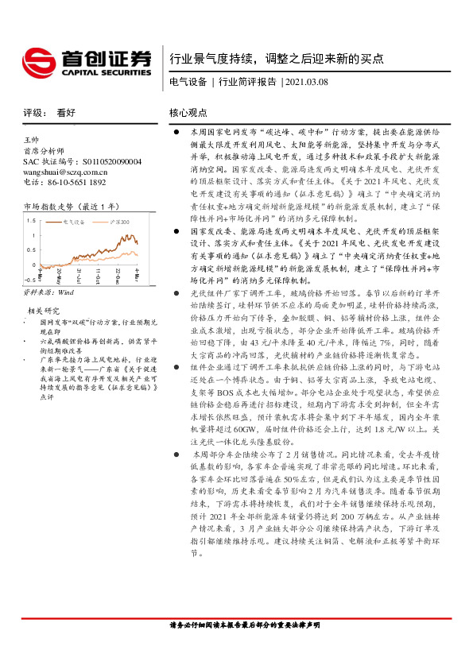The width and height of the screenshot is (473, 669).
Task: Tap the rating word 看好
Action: (65, 113)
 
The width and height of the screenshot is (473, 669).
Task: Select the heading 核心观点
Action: (188, 113)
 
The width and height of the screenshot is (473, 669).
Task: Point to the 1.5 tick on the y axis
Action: (31, 218)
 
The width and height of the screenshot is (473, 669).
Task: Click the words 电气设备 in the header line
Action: (188, 82)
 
